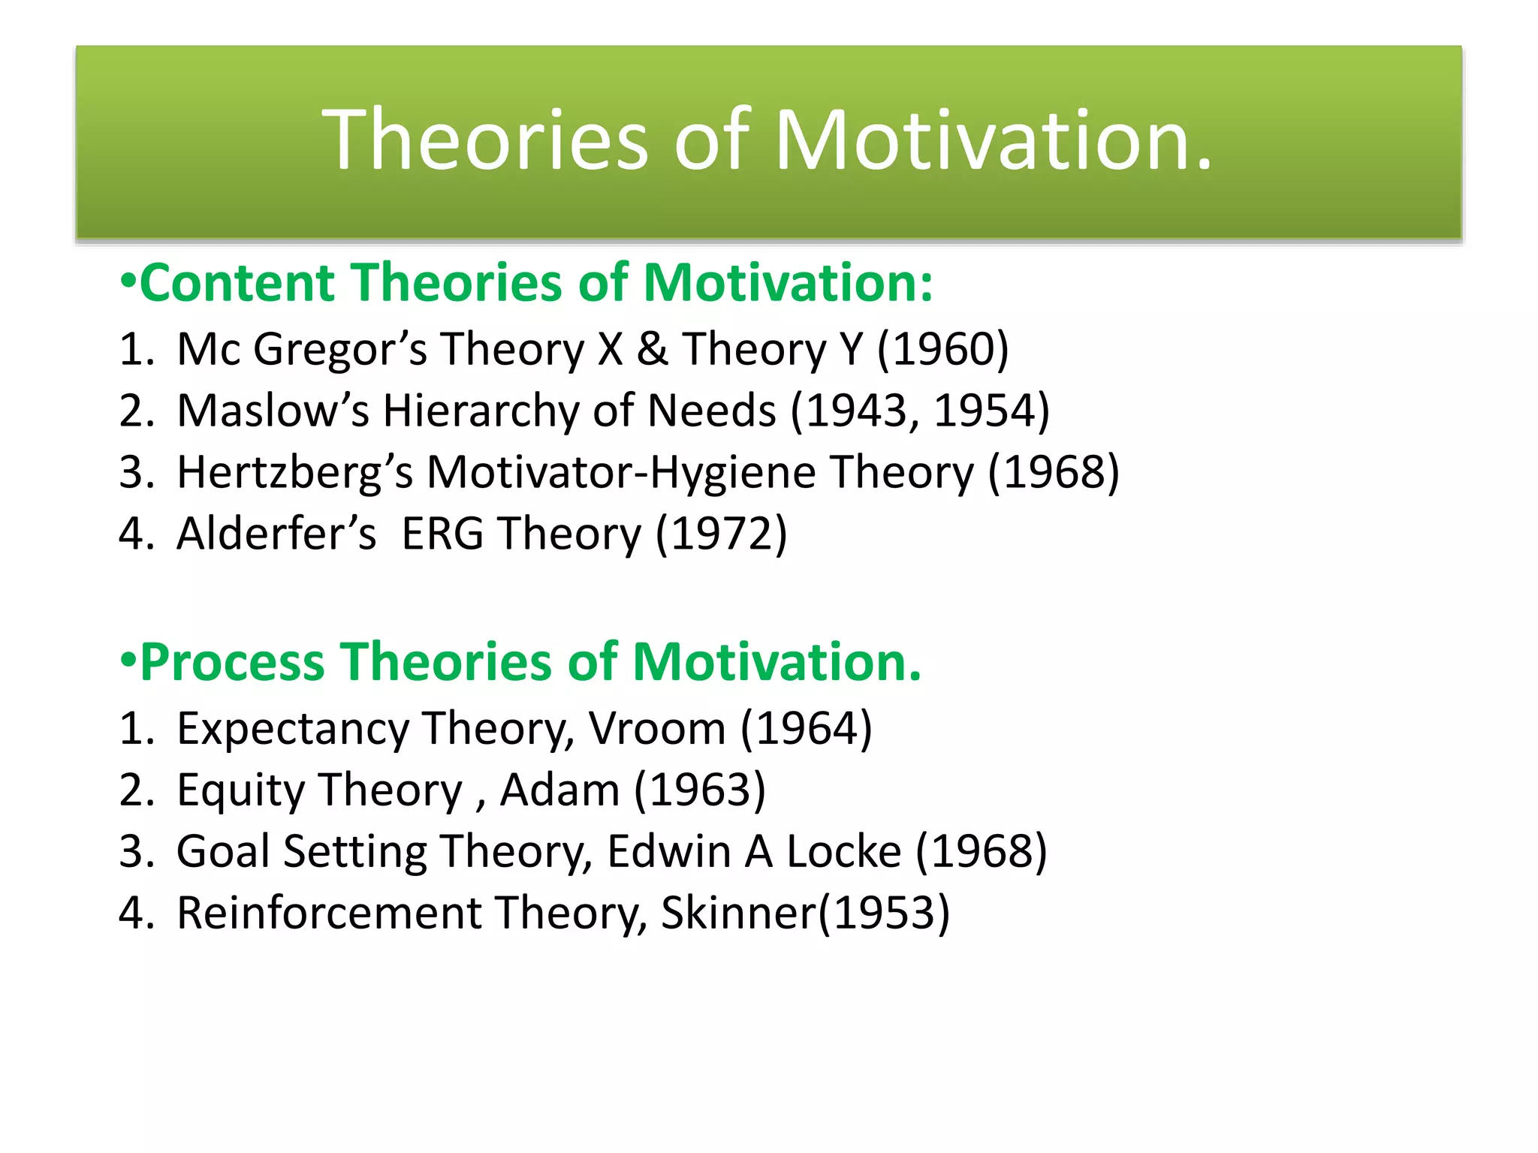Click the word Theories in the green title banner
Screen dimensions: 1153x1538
click(484, 140)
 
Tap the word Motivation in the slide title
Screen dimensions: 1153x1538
click(991, 140)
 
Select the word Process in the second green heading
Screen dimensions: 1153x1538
click(232, 663)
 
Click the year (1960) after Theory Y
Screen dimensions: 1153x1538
click(942, 349)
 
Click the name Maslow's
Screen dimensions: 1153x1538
click(273, 411)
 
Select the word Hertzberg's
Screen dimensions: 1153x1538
click(294, 472)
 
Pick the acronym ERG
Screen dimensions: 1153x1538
click(442, 534)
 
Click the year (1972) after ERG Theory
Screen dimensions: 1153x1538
click(721, 534)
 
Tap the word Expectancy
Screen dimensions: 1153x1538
click(293, 729)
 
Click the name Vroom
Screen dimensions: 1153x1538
click(657, 729)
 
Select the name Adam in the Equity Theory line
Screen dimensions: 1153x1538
click(559, 790)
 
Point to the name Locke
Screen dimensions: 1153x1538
click(843, 852)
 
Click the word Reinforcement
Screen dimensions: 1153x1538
click(329, 914)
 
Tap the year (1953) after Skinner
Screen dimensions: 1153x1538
click(884, 914)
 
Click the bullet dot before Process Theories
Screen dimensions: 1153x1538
click(128, 661)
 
